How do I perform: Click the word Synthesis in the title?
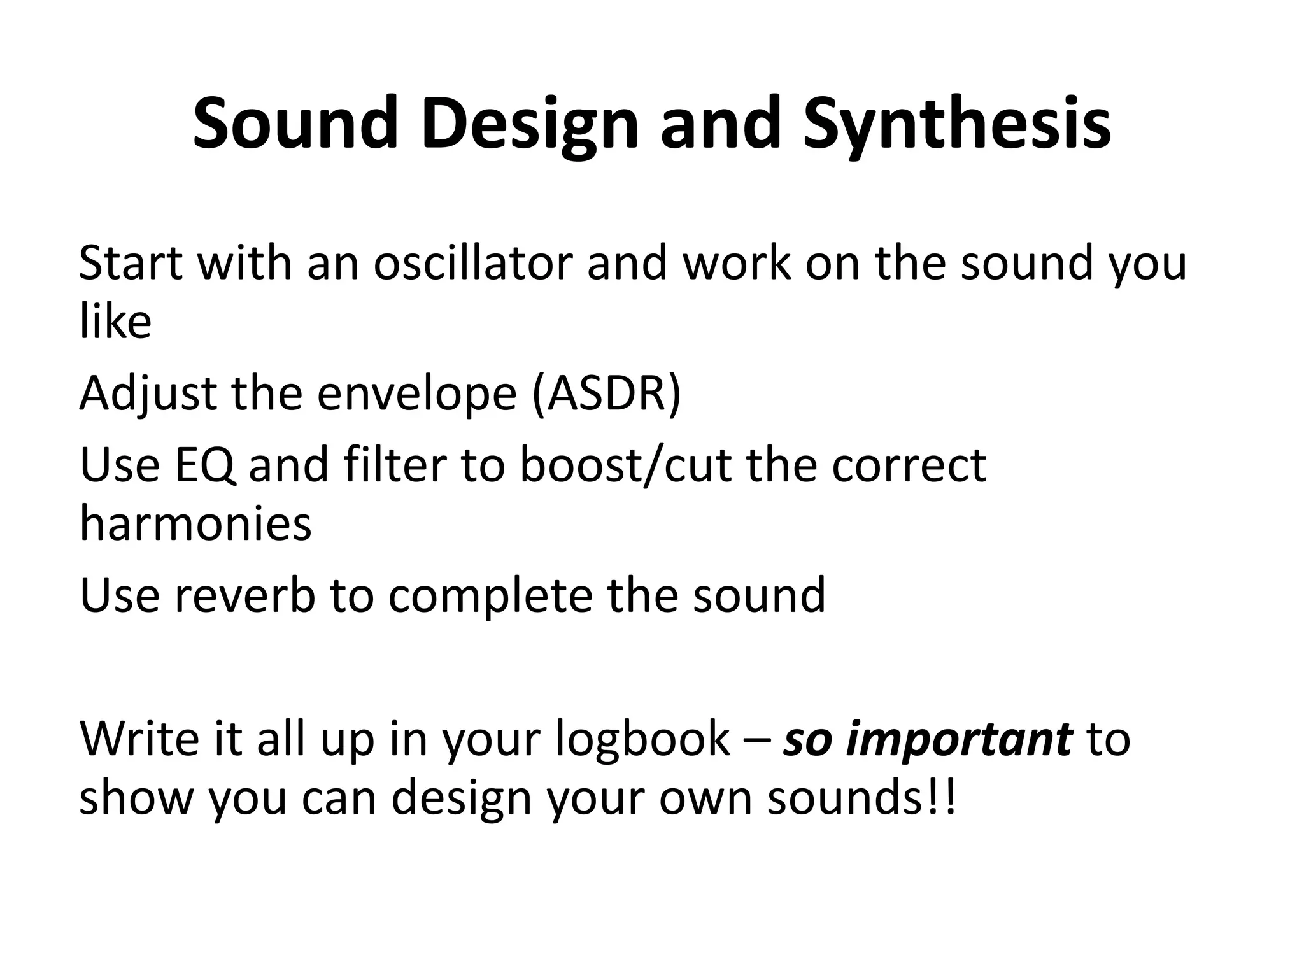956,124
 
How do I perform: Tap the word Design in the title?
528,124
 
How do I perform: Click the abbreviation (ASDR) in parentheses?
606,393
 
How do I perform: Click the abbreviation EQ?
204,465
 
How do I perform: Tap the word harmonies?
195,524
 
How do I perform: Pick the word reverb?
244,594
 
